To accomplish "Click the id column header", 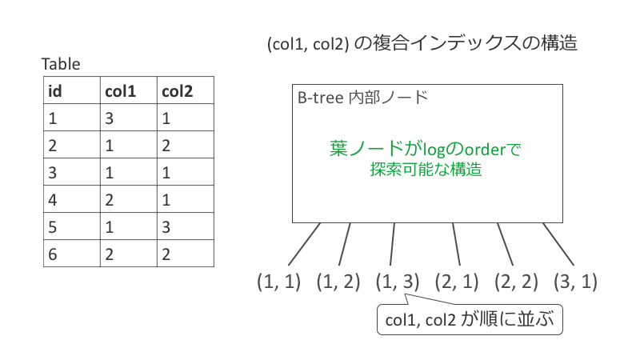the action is click(72, 90).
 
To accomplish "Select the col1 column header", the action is click(129, 90).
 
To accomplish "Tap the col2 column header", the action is click(186, 90).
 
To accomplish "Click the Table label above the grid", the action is click(61, 64).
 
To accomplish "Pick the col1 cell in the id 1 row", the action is click(129, 118).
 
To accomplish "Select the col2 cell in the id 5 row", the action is click(186, 226).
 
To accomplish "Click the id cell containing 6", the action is click(72, 254).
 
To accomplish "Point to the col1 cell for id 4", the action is click(129, 199).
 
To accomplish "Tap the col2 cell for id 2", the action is click(186, 145).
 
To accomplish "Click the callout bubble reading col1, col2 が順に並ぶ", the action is click(470, 319).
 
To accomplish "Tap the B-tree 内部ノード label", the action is click(362, 98).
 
